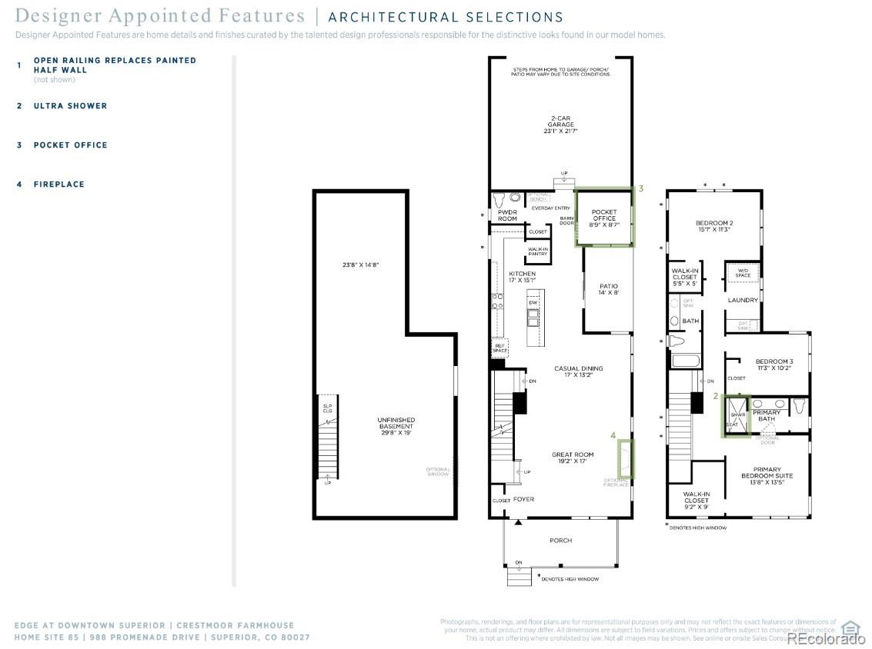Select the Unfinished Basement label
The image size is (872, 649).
(396, 426)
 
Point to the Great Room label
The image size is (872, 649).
(573, 458)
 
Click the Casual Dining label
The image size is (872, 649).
(579, 372)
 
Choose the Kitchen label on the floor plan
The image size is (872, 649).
(522, 278)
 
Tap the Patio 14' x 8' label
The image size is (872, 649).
(609, 290)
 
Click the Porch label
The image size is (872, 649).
(560, 541)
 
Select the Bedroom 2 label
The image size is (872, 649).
(712, 225)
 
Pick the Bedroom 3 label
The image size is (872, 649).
(773, 365)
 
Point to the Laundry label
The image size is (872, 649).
(743, 300)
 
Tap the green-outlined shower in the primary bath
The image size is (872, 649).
(735, 416)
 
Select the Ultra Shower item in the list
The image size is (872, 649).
(70, 106)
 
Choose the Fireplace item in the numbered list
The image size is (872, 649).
(58, 185)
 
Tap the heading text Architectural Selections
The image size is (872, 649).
(446, 17)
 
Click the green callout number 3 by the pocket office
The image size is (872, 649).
(640, 188)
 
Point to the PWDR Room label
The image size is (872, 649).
(507, 215)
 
